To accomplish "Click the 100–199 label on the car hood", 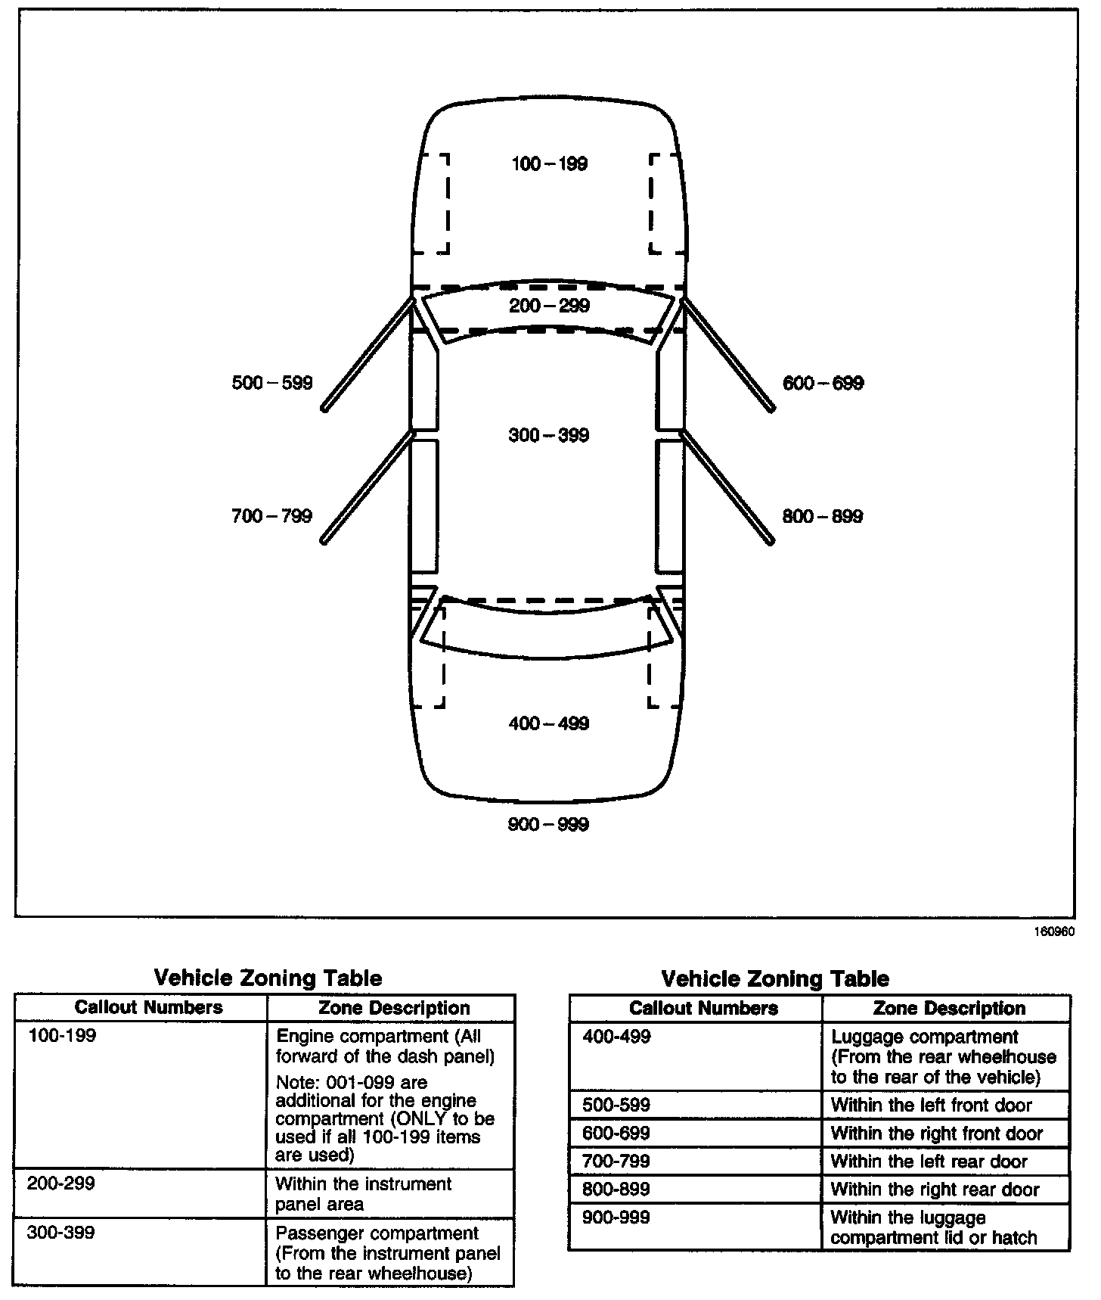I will (x=549, y=164).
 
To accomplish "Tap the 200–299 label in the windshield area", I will (x=549, y=306).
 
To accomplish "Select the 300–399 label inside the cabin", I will (x=549, y=435).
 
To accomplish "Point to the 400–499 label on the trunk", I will (x=549, y=723).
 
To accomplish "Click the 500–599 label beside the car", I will (x=272, y=383).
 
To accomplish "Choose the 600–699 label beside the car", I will (x=823, y=383).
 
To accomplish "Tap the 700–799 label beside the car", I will (x=271, y=516).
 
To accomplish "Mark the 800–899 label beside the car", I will (x=823, y=516).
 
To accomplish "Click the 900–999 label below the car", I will (x=549, y=824).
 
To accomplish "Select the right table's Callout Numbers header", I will (x=703, y=1008).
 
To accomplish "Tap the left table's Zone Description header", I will (x=394, y=1008).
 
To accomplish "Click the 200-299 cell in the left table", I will (x=61, y=1183).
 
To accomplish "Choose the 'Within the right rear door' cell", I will (x=935, y=1190).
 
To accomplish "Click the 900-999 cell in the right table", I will (x=616, y=1218).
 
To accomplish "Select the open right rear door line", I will (x=727, y=488).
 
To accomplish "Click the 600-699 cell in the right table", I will (x=616, y=1134).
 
